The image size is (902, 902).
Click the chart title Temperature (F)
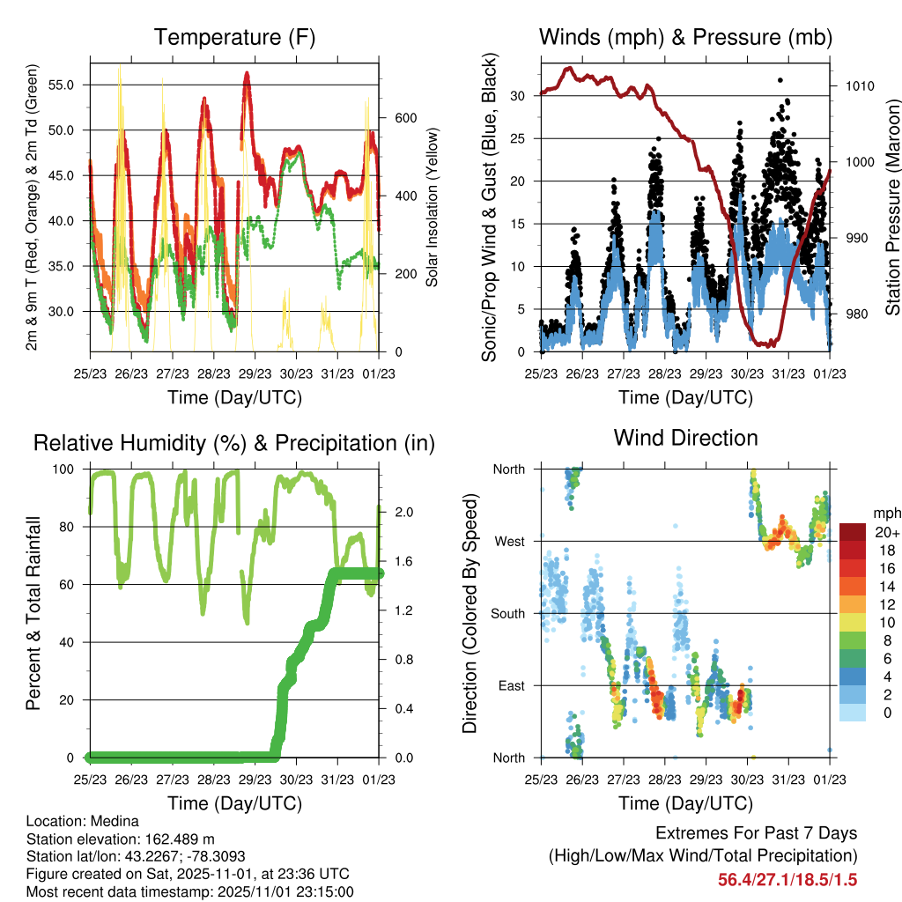[234, 37]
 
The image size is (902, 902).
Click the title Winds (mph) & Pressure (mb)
[685, 37]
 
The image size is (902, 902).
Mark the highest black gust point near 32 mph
[780, 80]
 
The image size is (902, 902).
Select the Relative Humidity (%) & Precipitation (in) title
[234, 443]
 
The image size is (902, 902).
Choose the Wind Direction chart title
[685, 438]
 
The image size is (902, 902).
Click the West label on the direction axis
[509, 541]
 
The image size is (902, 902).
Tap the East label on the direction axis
[511, 685]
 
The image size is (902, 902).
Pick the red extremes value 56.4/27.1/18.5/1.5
[787, 879]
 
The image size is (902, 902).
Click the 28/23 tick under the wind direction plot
[665, 780]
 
